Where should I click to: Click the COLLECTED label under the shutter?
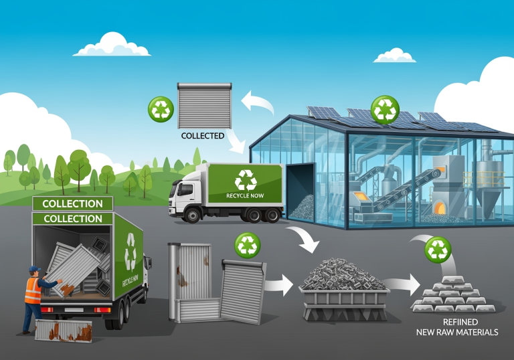(x=203, y=136)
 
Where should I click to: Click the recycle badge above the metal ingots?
(x=438, y=250)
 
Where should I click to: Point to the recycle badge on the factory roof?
(x=385, y=109)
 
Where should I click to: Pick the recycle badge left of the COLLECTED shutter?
(x=161, y=109)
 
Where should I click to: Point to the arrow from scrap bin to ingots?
(x=402, y=286)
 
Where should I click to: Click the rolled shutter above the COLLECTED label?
(x=204, y=105)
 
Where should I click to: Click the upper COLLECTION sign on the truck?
(x=72, y=203)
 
